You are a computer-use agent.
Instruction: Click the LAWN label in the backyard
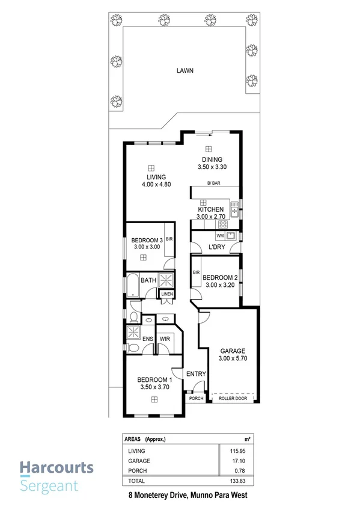185,70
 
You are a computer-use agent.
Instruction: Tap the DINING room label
212,159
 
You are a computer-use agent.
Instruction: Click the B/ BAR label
213,183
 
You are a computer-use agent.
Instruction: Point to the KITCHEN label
210,209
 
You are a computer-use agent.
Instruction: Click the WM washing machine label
203,235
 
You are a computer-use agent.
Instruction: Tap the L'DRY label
217,247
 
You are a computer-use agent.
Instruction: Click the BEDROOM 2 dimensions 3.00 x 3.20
219,286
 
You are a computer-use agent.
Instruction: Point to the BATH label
148,280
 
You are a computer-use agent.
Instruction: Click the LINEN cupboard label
166,293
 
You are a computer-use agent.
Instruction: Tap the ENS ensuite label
147,339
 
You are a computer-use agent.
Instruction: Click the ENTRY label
196,373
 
